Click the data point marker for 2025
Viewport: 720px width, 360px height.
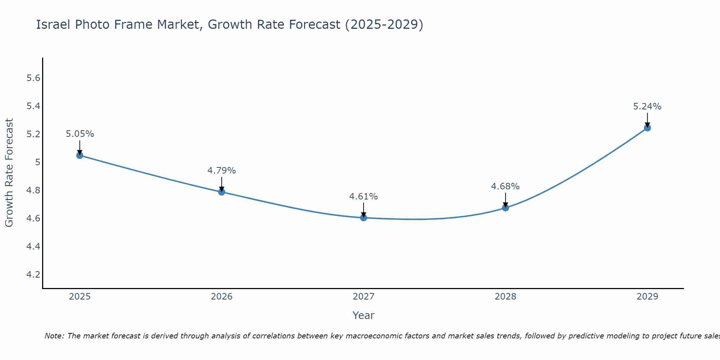(x=80, y=155)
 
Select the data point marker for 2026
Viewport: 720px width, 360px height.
(x=221, y=192)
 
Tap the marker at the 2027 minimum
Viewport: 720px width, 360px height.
(x=363, y=217)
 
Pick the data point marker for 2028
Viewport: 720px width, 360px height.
(x=505, y=208)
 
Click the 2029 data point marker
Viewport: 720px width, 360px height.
(x=647, y=128)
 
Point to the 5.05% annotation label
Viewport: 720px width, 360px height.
(x=80, y=134)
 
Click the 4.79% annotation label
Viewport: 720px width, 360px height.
(x=221, y=171)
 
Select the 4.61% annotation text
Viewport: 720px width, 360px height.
(x=363, y=197)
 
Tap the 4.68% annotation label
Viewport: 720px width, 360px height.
(x=505, y=186)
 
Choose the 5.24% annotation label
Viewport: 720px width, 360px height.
(x=647, y=107)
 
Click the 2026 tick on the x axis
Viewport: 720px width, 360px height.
(x=221, y=297)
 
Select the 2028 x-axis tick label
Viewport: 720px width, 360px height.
(x=505, y=297)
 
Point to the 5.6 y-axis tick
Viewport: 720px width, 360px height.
(x=33, y=78)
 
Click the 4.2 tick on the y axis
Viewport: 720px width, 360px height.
(x=33, y=275)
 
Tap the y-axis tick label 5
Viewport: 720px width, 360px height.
(x=37, y=162)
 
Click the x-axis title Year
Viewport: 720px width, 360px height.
(x=363, y=315)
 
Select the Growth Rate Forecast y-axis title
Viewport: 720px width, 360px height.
(x=9, y=173)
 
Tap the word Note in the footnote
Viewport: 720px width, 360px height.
(x=54, y=336)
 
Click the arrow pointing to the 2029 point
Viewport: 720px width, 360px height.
(x=647, y=120)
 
